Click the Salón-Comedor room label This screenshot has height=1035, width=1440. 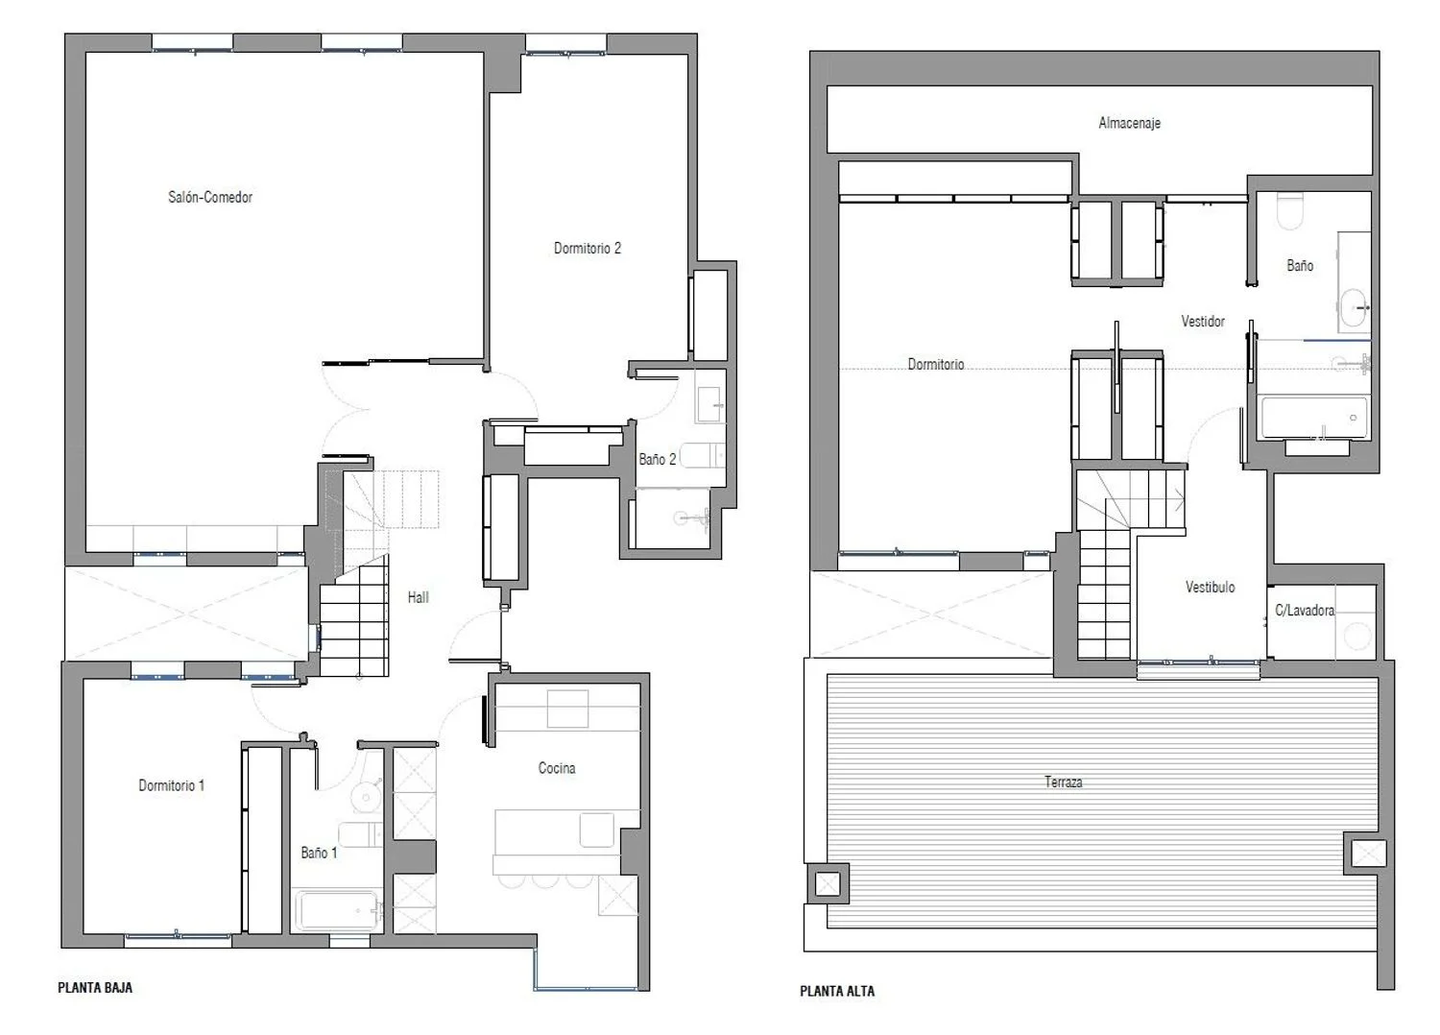[210, 198]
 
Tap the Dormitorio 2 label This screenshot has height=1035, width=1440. [588, 248]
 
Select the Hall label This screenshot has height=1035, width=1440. [418, 597]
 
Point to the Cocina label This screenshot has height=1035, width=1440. [557, 767]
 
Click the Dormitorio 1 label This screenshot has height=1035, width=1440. [172, 785]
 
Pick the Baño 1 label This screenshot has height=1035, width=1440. [319, 853]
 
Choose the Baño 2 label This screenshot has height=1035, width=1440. [658, 459]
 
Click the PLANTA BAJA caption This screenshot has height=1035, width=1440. [95, 987]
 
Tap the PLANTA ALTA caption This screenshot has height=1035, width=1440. [837, 991]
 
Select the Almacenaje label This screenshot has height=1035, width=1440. [1130, 123]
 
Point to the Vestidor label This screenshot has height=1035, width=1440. [1203, 321]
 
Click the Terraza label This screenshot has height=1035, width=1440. [1064, 782]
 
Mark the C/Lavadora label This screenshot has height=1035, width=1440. [1305, 610]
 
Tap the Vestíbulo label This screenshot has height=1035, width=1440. [1210, 587]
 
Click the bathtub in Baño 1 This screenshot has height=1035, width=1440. [338, 909]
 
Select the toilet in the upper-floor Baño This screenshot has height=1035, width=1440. [1289, 211]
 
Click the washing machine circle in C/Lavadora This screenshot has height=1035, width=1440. [1357, 637]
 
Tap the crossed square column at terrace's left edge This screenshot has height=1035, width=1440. [828, 884]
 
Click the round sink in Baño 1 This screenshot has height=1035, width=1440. [365, 798]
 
